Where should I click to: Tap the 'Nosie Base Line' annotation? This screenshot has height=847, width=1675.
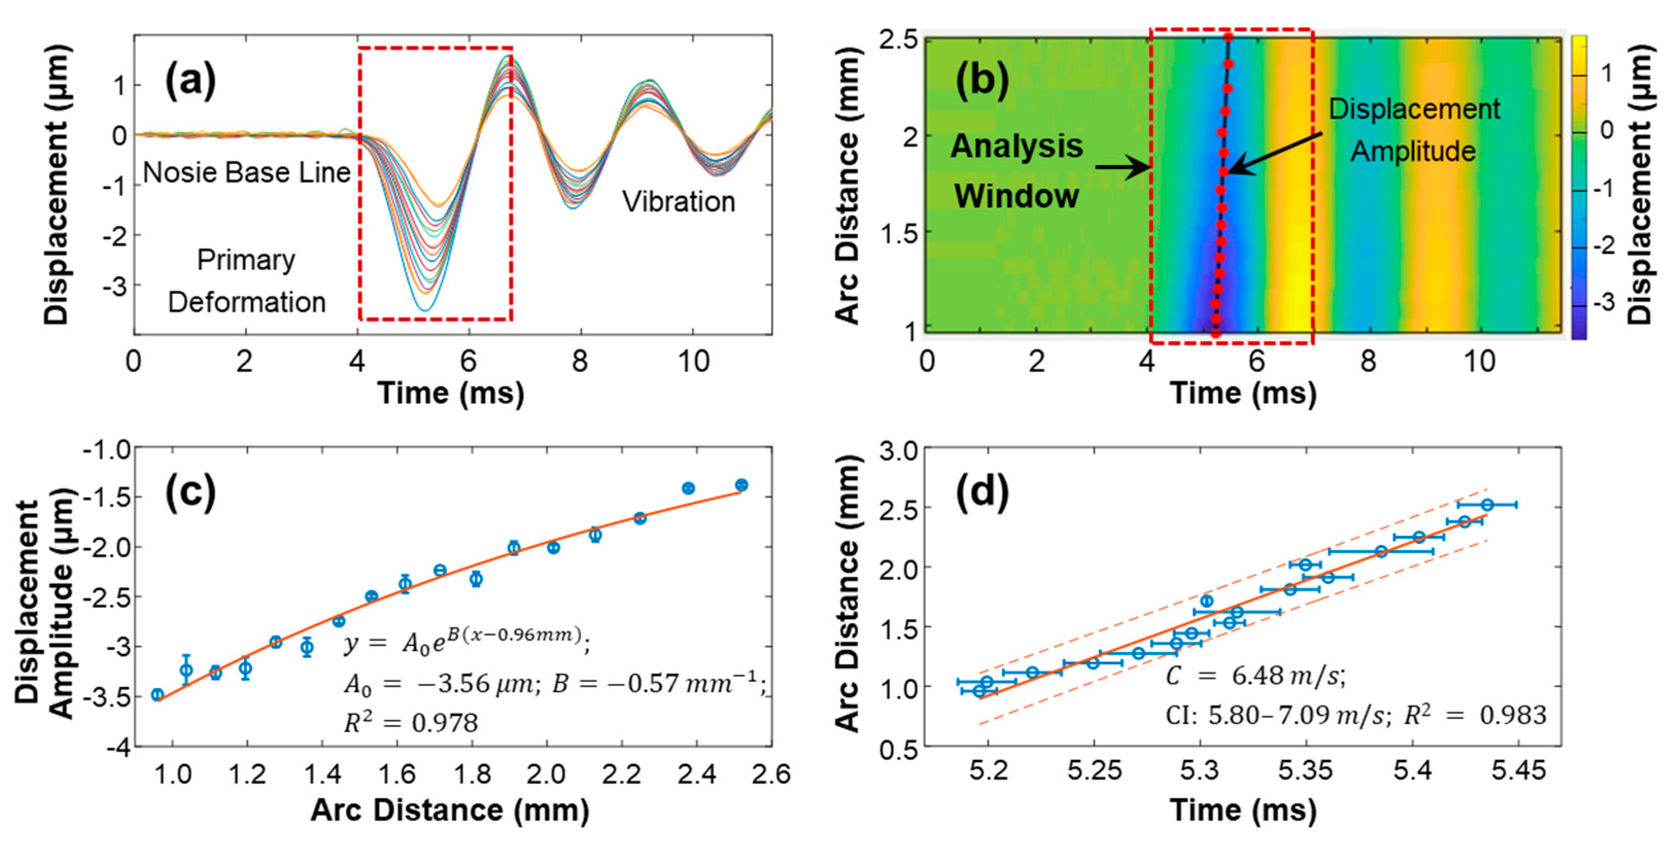tap(247, 173)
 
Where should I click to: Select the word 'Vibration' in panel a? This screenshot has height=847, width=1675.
tap(678, 202)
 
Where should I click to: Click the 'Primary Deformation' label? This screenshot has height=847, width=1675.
tap(247, 281)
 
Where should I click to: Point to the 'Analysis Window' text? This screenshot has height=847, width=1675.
tap(1017, 170)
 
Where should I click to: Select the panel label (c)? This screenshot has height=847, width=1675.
tap(190, 492)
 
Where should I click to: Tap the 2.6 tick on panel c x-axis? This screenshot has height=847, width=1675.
tap(771, 775)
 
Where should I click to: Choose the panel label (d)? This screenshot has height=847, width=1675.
tap(982, 492)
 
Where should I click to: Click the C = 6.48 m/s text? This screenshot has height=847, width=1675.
tap(1255, 676)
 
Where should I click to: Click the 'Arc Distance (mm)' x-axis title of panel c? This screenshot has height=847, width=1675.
tap(450, 810)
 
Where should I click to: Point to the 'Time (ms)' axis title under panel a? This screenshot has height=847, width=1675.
tap(450, 393)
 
